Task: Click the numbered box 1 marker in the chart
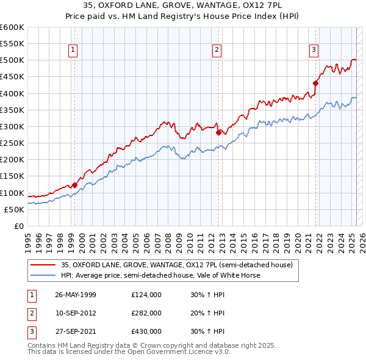click(x=73, y=51)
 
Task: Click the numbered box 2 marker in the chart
click(x=217, y=51)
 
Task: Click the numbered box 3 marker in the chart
click(x=314, y=51)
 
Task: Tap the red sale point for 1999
click(x=74, y=185)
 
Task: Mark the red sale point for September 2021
click(x=316, y=84)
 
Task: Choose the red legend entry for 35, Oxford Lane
click(x=177, y=265)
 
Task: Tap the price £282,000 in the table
click(x=146, y=313)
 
